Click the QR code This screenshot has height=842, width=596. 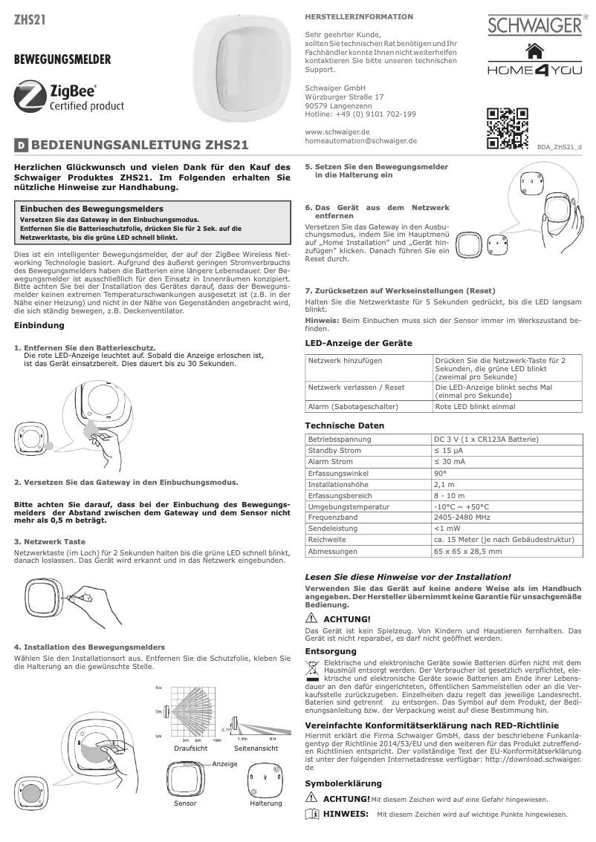coord(507,128)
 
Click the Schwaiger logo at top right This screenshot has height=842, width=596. coord(533,27)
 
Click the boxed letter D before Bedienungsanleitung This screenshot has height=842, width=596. coord(22,146)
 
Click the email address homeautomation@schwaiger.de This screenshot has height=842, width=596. coord(360,140)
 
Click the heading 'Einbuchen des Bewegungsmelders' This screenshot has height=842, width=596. coord(91,210)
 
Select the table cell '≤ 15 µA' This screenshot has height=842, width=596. coord(450,451)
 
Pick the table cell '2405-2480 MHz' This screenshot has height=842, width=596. coord(463,518)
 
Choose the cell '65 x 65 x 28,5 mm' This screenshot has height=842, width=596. coord(468,552)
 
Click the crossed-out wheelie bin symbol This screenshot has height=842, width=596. coord(313,666)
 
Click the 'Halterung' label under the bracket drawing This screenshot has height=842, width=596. coord(266,803)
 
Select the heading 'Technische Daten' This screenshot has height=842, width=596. coord(345,425)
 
